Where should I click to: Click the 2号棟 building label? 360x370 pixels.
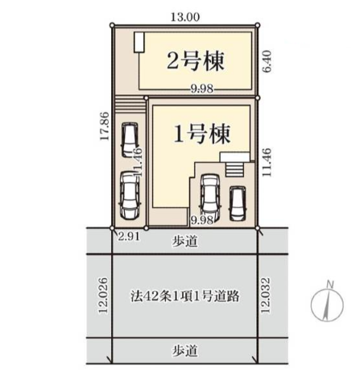point(196,61)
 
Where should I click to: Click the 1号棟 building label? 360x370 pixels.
point(202,134)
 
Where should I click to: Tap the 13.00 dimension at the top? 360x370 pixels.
point(185,18)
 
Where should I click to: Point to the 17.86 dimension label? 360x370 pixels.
point(104,126)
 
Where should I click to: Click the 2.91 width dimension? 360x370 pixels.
point(129,237)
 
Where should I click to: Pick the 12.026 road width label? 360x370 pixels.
point(103,295)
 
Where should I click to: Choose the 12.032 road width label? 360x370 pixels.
point(265,295)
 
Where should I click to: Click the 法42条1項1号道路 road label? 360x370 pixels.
point(185,296)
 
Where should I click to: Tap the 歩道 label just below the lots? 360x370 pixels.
point(185,241)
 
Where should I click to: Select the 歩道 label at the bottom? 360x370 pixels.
point(185,351)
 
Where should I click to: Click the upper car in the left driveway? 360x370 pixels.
point(130,140)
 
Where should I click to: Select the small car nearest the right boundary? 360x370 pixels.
point(238,204)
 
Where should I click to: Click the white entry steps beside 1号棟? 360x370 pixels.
point(234,170)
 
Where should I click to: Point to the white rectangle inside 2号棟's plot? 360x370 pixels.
point(139,43)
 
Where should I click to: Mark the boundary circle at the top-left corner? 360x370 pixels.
point(112,25)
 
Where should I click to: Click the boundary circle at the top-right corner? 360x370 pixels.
point(258,25)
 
